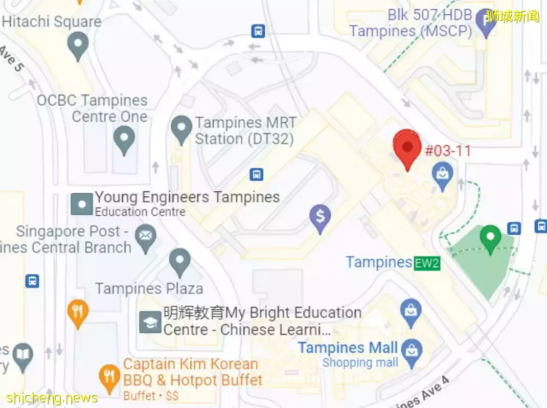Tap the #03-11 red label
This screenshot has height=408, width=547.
point(448,151)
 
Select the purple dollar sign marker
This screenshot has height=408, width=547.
point(320,217)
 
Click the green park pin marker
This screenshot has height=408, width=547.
point(490,238)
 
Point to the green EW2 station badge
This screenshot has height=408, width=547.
point(427,263)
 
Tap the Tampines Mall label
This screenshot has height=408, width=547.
point(348,348)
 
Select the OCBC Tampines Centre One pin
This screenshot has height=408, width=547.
point(124,139)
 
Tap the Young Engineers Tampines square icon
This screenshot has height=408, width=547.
point(82,204)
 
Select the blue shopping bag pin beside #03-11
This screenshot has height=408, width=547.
point(442,174)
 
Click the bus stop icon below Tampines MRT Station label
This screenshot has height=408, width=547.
point(257,174)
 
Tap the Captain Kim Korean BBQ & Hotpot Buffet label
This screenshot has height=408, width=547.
point(193,372)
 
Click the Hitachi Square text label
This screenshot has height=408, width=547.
point(52,22)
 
